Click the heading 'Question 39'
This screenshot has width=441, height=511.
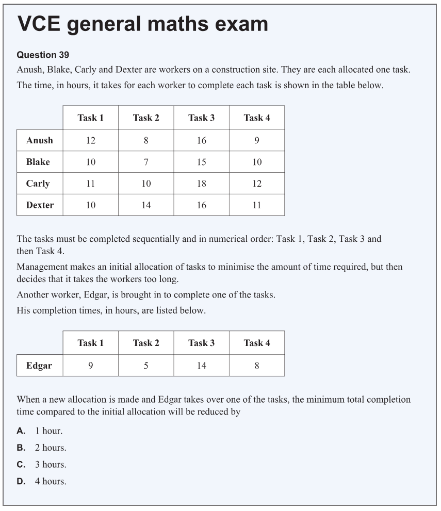pos(43,55)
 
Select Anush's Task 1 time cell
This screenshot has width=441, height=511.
pos(91,140)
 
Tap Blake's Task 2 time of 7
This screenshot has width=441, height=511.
pos(146,162)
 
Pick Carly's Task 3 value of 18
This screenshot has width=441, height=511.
pos(201,184)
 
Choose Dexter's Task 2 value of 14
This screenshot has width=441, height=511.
pos(146,205)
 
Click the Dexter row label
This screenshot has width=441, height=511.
pos(40,205)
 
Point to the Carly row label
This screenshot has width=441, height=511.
pos(38,184)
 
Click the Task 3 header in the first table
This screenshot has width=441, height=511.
pos(201,118)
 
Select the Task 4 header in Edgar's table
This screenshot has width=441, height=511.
pos(257,343)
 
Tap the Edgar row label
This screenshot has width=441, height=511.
pos(39,366)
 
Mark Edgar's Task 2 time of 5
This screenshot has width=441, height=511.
pos(146,366)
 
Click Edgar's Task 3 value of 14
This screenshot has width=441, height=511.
pos(201,366)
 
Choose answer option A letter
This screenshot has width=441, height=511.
pos(21,431)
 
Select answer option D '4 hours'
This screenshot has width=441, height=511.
pos(51,481)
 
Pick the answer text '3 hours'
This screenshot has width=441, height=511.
pos(51,465)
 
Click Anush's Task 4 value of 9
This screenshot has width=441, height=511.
pos(257,140)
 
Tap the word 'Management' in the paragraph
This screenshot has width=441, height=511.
pos(42,267)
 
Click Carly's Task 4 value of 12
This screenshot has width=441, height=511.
pos(257,184)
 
